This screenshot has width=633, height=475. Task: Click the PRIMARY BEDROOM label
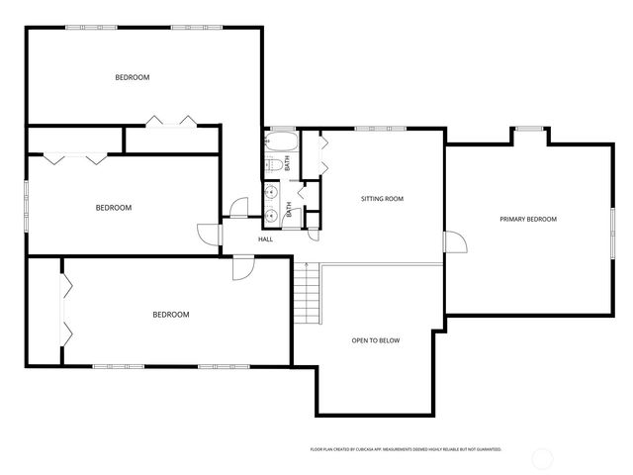pyautogui.click(x=527, y=219)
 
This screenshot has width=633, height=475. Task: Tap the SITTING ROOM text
pyautogui.click(x=381, y=199)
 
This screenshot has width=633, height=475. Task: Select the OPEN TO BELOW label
pyautogui.click(x=376, y=340)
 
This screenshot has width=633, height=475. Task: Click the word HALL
pyautogui.click(x=266, y=239)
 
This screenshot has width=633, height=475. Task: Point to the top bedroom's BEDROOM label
pyautogui.click(x=132, y=77)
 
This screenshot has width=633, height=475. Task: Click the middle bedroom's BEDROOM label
pyautogui.click(x=114, y=208)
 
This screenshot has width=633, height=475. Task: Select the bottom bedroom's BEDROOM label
pyautogui.click(x=170, y=315)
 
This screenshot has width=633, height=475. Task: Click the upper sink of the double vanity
pyautogui.click(x=270, y=192)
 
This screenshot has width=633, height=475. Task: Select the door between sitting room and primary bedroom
pyautogui.click(x=454, y=242)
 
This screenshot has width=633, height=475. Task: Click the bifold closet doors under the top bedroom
pyautogui.click(x=170, y=121)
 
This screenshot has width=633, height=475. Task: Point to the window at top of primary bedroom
pyautogui.click(x=528, y=128)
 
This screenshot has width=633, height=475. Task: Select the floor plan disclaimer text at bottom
pyautogui.click(x=406, y=449)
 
